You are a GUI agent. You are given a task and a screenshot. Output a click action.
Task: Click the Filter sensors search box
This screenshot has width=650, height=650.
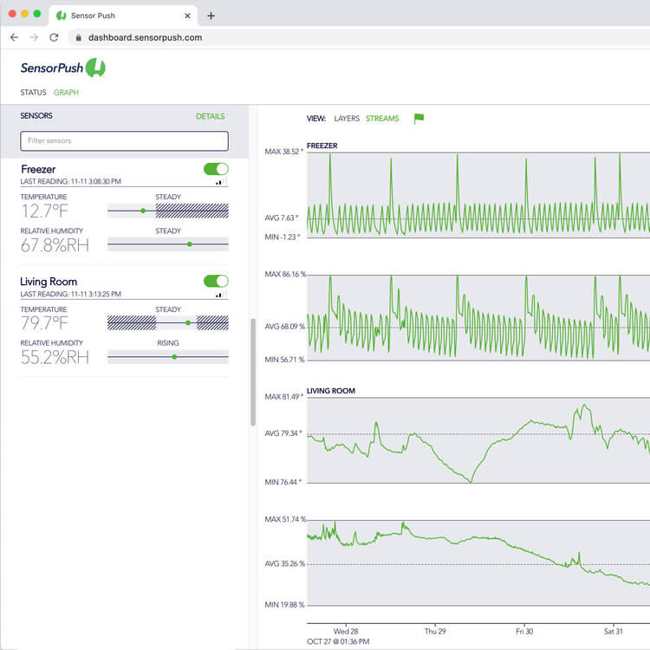(124, 140)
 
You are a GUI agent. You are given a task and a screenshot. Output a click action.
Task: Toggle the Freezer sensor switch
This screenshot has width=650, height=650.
(216, 169)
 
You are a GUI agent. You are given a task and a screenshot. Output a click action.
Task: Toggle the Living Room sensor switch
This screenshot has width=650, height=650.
(216, 281)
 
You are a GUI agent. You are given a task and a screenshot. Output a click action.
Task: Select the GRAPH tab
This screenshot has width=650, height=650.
(66, 93)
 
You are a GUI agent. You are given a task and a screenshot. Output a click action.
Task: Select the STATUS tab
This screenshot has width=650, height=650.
(34, 93)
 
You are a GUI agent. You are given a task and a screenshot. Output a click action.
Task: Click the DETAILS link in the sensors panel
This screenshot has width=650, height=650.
(210, 116)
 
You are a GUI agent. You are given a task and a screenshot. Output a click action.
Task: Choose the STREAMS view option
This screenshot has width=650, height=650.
(382, 119)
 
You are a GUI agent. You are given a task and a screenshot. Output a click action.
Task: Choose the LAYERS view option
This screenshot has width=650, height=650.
(347, 119)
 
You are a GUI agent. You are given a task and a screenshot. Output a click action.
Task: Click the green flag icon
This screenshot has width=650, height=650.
(419, 119)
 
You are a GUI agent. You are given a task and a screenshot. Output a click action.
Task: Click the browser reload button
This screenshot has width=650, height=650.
(54, 37)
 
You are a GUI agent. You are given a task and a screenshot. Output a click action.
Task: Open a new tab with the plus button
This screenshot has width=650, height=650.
(211, 16)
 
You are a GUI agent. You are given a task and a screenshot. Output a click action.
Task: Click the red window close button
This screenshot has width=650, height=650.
(12, 14)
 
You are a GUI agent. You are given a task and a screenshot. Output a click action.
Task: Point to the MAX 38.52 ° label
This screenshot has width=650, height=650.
(283, 152)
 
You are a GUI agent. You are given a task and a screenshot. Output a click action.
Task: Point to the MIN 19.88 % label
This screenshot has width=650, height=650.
(284, 605)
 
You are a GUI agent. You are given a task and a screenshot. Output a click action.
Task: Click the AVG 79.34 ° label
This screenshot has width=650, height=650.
(283, 433)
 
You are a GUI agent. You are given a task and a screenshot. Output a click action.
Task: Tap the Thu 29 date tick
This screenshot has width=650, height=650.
(435, 631)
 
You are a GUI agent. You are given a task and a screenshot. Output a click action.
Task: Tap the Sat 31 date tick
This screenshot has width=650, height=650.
(613, 631)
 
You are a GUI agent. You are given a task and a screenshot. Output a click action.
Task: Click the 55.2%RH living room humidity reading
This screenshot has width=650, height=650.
(55, 357)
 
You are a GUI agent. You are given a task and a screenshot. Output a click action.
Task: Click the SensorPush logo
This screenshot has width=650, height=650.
(62, 68)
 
